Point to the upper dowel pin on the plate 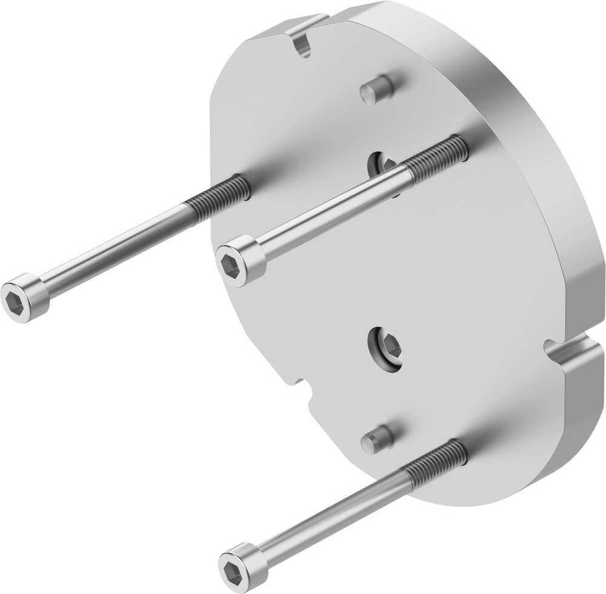click(x=376, y=90)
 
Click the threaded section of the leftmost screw click(x=221, y=193)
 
